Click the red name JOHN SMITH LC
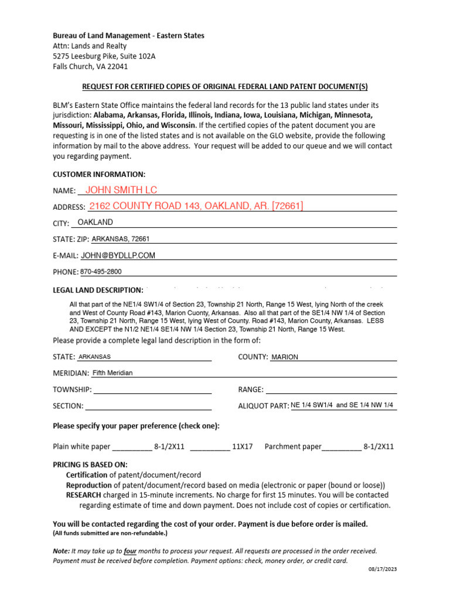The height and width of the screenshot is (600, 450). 121,189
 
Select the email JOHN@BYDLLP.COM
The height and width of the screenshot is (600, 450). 118,255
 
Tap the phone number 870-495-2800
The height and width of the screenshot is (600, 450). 101,272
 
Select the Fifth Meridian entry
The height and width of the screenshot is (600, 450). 112,373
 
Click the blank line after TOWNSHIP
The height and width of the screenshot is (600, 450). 152,390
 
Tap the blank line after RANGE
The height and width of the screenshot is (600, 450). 331,390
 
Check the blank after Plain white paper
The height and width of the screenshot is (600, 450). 132,446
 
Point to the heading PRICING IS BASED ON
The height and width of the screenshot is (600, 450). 90,465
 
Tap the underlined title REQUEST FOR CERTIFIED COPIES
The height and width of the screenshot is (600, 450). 224,87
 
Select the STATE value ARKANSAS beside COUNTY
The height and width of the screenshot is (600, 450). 94,357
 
